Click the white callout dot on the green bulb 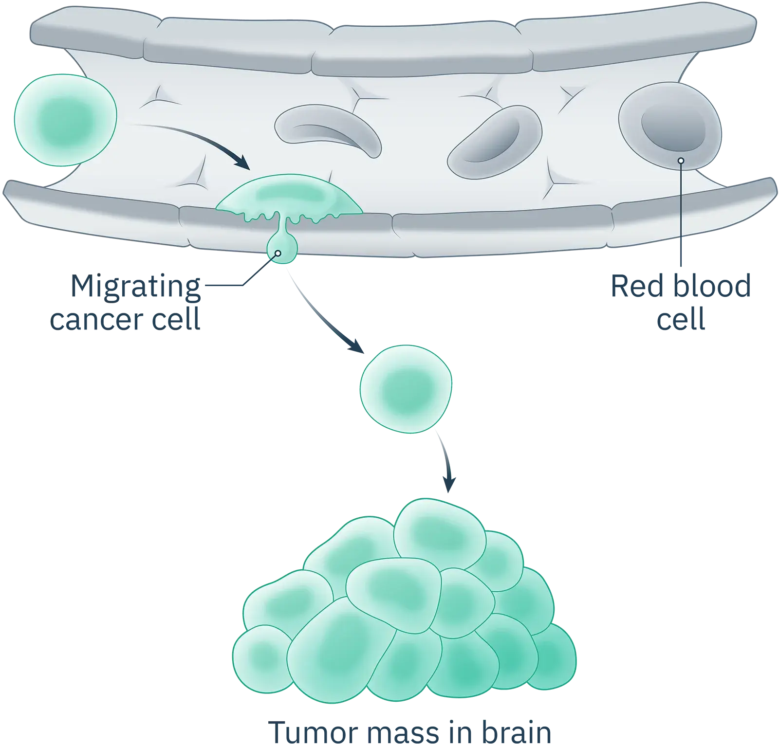[278, 254]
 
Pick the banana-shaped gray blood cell [329, 129]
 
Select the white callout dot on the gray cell [681, 161]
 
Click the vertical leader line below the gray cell [681, 219]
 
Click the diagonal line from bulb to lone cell [321, 316]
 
